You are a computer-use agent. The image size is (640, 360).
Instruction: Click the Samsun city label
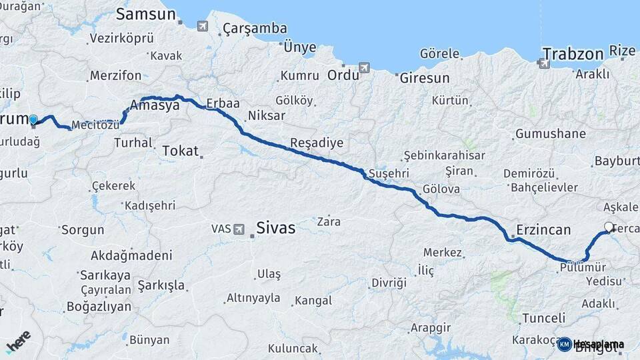click(x=145, y=14)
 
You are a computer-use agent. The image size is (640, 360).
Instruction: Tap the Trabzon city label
click(x=573, y=53)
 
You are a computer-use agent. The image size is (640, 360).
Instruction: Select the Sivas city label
click(x=275, y=228)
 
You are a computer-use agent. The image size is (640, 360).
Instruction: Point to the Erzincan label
click(x=543, y=230)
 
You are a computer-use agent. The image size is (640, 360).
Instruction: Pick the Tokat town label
click(x=181, y=151)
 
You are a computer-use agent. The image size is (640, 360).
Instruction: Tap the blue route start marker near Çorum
click(x=33, y=119)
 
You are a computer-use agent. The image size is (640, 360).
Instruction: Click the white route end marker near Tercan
click(x=608, y=227)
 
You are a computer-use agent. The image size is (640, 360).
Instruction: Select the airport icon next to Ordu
click(x=364, y=68)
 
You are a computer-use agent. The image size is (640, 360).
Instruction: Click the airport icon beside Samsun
click(x=202, y=26)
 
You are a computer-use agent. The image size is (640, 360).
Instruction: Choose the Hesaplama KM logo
click(x=591, y=344)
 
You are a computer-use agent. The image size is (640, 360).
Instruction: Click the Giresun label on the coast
click(x=425, y=78)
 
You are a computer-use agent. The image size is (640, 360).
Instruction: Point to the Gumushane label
click(x=550, y=134)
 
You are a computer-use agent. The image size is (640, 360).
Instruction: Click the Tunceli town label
click(x=543, y=318)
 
